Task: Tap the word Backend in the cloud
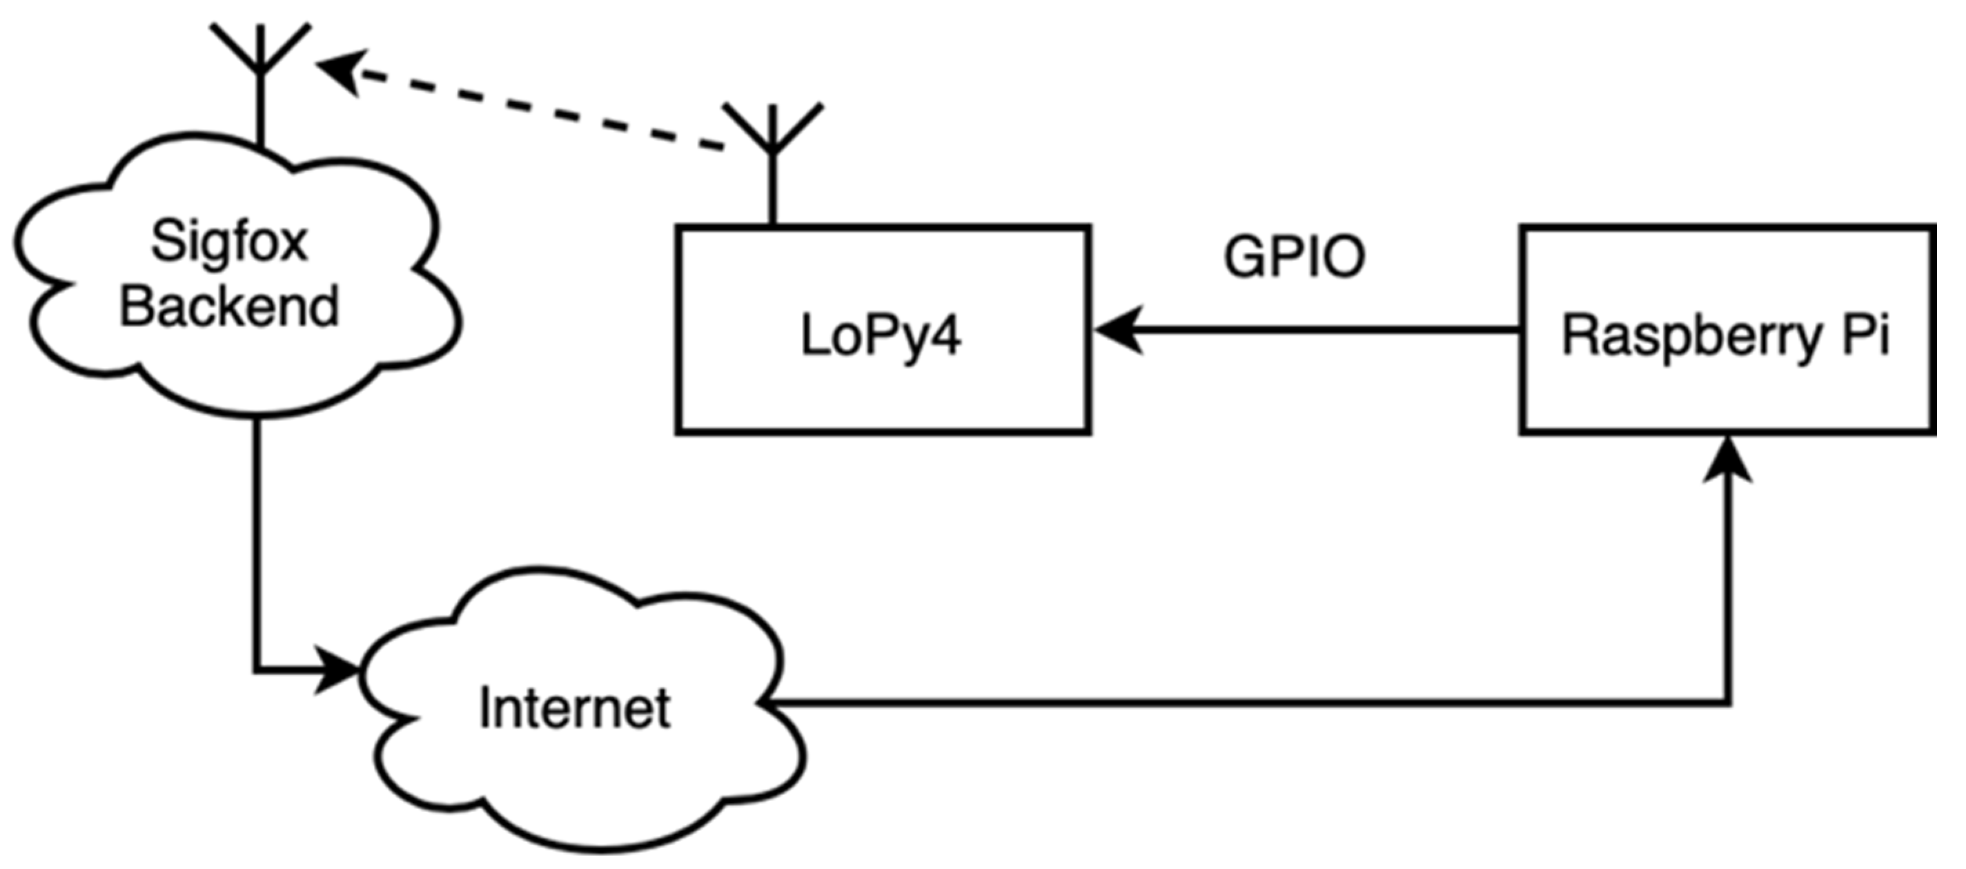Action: tap(229, 307)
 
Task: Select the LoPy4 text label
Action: tap(881, 336)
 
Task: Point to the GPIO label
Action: tap(1295, 257)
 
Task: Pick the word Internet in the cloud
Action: tap(575, 708)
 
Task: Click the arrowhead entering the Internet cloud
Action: tap(338, 671)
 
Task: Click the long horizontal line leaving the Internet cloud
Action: tap(1221, 702)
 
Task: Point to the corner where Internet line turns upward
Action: tap(1728, 702)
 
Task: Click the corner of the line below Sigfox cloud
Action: tap(257, 671)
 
